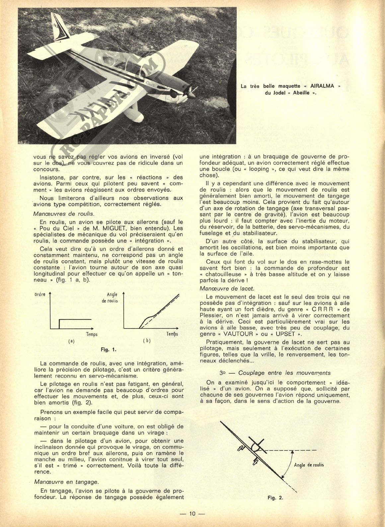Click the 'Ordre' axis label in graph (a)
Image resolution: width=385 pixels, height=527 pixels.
pyautogui.click(x=39, y=294)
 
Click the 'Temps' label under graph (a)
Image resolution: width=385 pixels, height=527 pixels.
pyautogui.click(x=92, y=334)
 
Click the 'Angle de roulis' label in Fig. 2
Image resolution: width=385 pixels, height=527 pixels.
pyautogui.click(x=309, y=465)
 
